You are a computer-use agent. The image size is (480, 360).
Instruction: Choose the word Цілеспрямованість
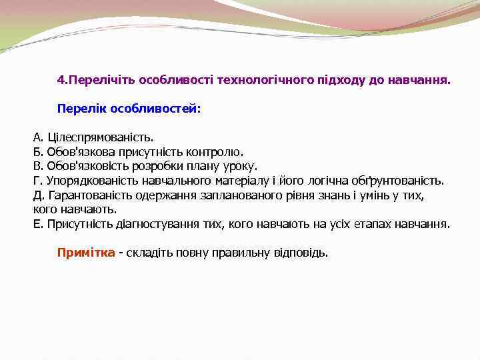100,138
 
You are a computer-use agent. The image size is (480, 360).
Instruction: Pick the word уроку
239,166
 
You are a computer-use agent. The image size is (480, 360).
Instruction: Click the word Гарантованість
89,195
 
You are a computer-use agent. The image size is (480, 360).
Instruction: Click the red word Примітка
86,253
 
